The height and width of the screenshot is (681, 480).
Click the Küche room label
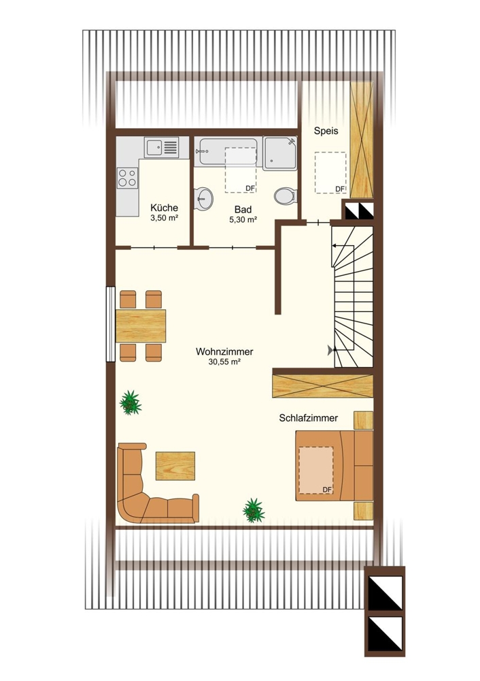point(164,208)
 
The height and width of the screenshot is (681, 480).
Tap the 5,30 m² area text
point(243,220)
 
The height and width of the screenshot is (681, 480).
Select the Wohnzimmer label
point(224,351)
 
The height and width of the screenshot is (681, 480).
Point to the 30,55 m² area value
point(224,362)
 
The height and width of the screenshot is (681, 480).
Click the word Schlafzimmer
point(308,418)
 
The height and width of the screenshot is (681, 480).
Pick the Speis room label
point(326,131)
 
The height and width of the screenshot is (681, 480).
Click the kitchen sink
point(162,147)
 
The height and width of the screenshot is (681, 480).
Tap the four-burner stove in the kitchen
point(128,178)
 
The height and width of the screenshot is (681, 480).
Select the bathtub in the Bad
point(228,152)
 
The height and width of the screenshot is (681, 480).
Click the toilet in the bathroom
point(286,195)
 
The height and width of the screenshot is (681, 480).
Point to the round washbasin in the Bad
point(203,199)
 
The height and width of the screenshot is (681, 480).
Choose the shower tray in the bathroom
point(280,153)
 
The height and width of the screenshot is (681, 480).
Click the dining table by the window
point(141,326)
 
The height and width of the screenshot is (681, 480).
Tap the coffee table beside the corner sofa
point(175,466)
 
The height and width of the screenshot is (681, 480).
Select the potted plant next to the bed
point(254,510)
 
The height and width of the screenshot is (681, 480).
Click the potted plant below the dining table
point(130,402)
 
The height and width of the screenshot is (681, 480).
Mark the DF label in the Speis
point(339,189)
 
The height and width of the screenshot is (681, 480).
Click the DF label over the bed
point(327,490)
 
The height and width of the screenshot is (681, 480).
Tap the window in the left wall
point(111,324)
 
